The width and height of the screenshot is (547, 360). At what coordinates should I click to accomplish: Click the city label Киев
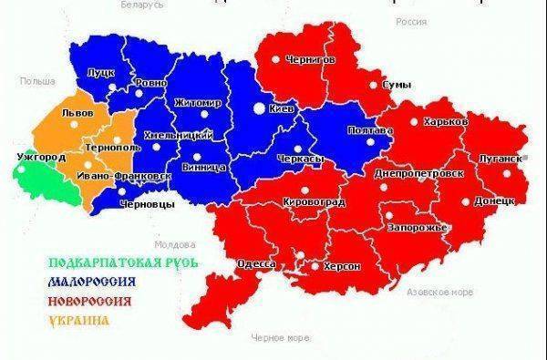(x=284, y=108)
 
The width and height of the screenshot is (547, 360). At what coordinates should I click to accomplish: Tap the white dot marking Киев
(x=259, y=108)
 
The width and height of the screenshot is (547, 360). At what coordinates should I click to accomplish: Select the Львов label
(x=71, y=114)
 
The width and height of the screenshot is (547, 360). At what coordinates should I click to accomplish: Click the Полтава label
(x=371, y=130)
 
